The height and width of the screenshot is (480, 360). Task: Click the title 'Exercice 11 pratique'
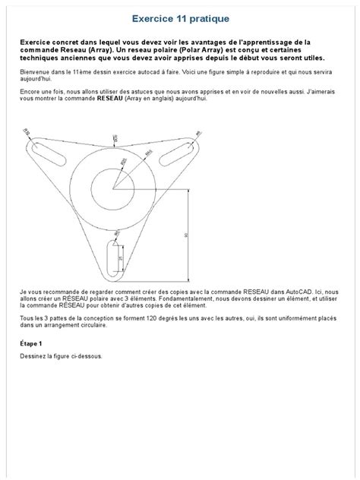(x=179, y=17)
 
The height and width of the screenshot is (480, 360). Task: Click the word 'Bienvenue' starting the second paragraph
(x=34, y=71)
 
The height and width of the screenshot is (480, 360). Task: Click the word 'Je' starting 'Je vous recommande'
(x=23, y=291)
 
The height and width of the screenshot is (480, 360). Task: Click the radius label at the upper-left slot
(x=27, y=133)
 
